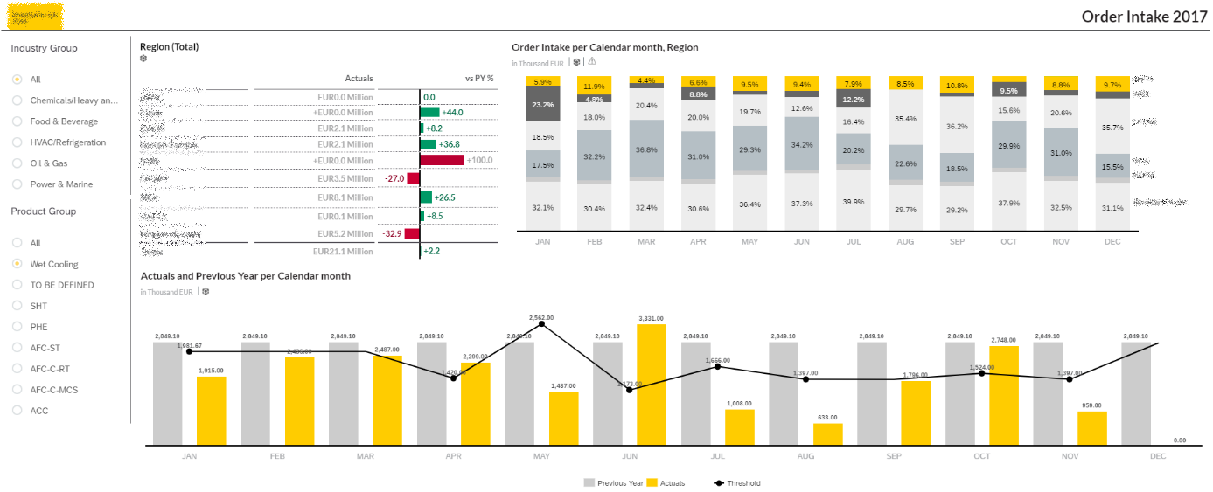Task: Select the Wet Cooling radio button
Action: point(17,264)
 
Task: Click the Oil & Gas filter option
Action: point(17,163)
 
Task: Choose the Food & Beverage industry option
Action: point(17,121)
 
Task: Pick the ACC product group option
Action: point(17,411)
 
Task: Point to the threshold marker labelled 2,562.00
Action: point(542,324)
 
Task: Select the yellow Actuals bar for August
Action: point(827,434)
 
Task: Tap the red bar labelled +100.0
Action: point(443,160)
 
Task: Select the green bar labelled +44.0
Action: point(430,112)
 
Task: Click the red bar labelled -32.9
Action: point(413,234)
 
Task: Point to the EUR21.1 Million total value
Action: point(343,252)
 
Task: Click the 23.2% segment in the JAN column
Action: point(542,105)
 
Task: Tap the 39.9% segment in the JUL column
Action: point(853,202)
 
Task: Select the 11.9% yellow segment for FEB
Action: point(594,86)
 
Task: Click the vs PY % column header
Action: point(479,79)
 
